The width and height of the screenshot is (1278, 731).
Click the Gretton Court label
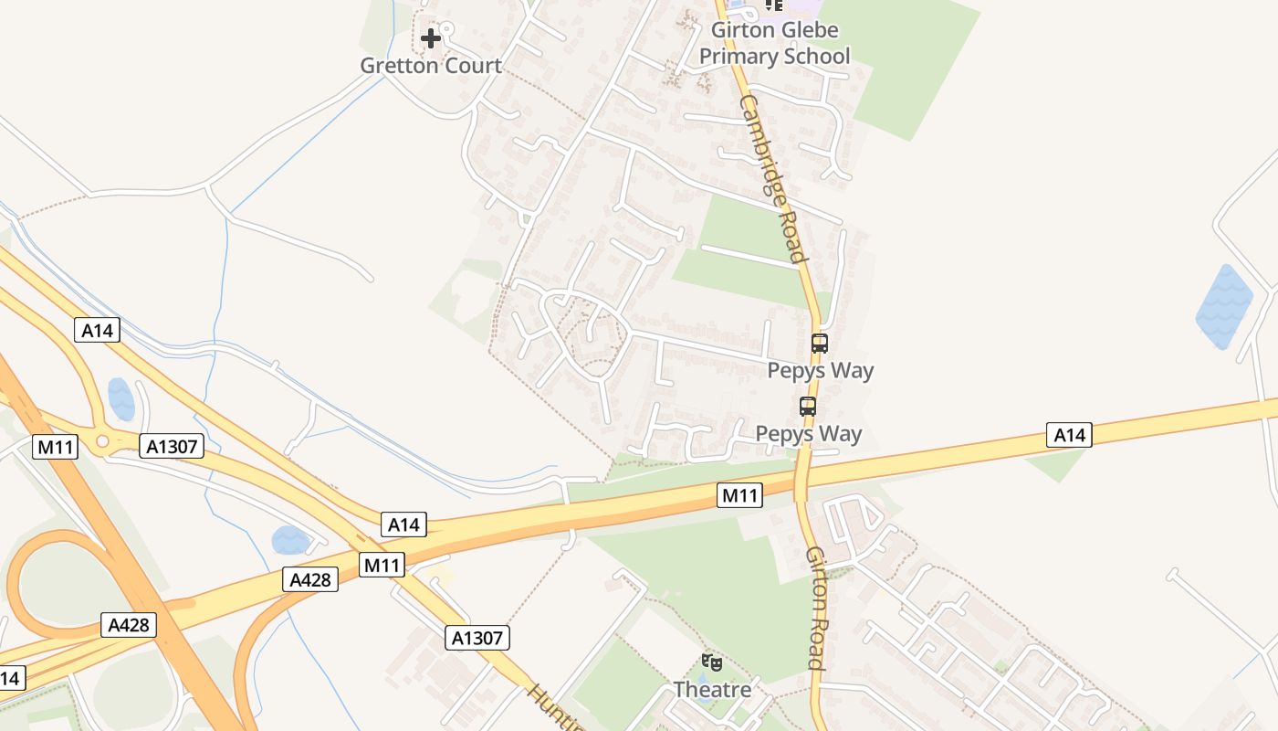(431, 66)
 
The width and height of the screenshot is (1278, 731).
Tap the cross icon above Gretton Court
(431, 38)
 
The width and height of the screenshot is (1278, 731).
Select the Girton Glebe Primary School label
(774, 43)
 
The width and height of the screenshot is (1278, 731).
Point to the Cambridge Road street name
(773, 178)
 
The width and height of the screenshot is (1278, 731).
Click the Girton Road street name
(816, 608)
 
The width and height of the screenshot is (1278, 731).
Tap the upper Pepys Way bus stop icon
(820, 344)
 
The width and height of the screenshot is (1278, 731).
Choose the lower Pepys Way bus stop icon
(808, 407)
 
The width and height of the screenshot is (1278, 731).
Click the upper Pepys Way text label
(820, 370)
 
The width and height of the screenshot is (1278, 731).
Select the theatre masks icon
(712, 662)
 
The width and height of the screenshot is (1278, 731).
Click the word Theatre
(712, 689)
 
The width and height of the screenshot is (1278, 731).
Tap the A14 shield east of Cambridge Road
(1069, 435)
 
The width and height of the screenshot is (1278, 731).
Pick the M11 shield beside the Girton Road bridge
(739, 495)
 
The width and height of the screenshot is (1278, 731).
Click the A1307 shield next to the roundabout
(172, 446)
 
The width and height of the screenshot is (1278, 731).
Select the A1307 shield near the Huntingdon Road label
(477, 637)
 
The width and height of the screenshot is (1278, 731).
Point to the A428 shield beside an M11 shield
(310, 579)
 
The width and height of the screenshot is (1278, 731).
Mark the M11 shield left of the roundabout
(55, 447)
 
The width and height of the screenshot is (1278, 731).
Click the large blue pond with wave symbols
(1225, 306)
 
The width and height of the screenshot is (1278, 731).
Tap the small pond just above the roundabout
(121, 398)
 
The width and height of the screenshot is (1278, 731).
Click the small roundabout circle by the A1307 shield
(102, 441)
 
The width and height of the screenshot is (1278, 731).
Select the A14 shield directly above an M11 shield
(403, 524)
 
